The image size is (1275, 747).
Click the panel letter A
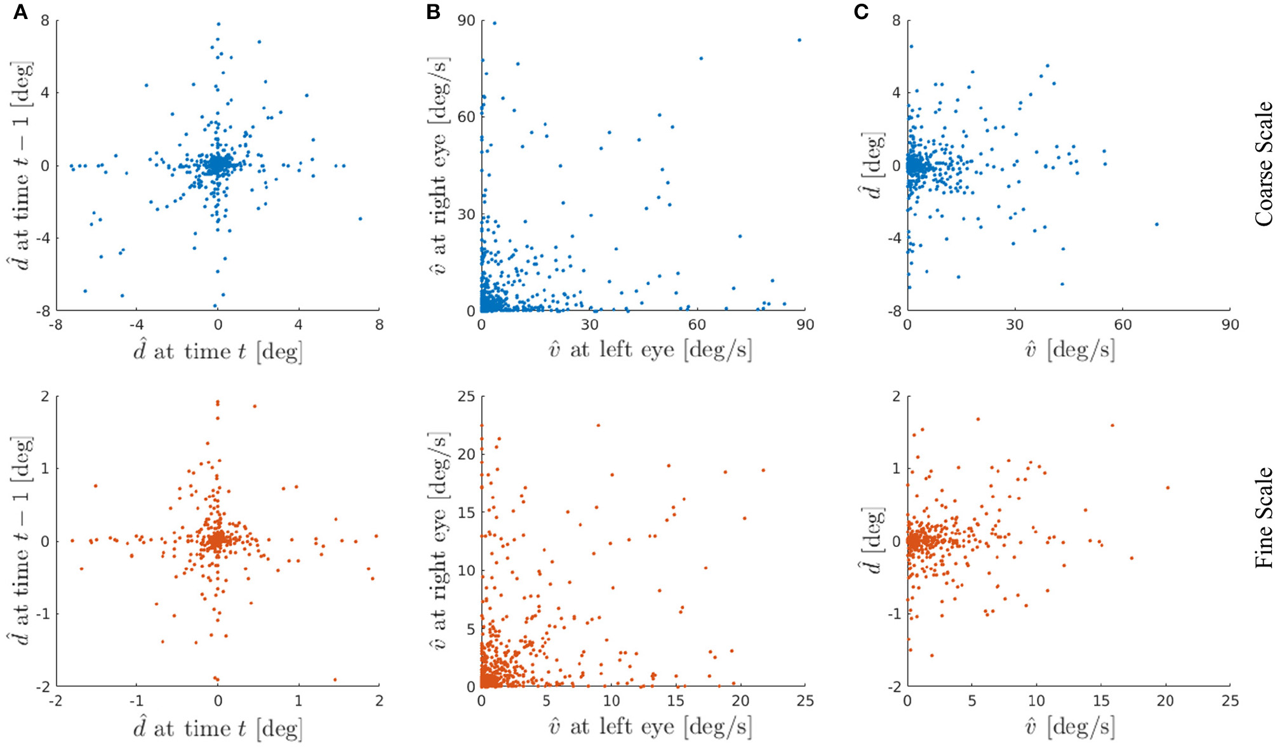(20, 12)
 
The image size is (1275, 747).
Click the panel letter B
(434, 12)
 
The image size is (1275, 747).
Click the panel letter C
(861, 12)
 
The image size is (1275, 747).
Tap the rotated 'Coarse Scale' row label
(1264, 164)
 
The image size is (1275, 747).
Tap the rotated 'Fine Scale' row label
(1264, 517)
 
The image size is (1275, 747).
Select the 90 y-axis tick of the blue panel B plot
(466, 21)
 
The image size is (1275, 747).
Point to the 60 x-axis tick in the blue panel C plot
(1123, 325)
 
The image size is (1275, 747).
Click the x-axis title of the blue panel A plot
(218, 351)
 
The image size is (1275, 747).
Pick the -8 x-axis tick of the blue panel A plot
(56, 325)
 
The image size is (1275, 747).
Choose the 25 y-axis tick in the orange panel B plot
(466, 397)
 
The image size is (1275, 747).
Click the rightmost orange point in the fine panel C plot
(1167, 488)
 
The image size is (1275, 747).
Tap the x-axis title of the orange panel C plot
(1069, 727)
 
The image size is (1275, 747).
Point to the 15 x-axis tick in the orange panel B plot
(676, 701)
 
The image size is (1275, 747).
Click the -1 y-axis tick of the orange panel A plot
(43, 614)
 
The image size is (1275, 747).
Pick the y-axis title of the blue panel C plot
(874, 165)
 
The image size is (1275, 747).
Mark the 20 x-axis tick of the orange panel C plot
(1165, 701)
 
